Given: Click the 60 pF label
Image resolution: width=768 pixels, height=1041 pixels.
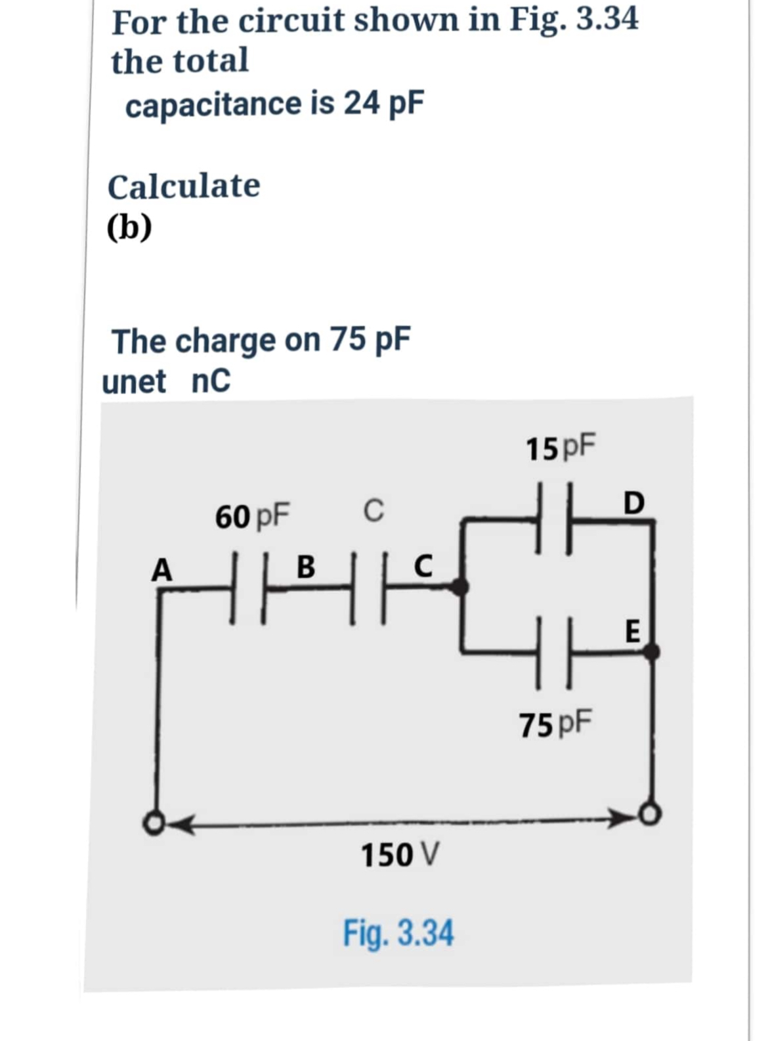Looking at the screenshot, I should pos(252,516).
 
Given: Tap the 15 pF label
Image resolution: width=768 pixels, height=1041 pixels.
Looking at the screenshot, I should pos(561,448).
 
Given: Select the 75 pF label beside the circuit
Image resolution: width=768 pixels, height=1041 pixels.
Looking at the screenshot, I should pos(555,724).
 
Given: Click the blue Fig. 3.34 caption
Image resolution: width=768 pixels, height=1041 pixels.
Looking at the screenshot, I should pos(398,933).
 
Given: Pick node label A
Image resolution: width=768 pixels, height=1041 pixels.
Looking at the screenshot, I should pos(161,569).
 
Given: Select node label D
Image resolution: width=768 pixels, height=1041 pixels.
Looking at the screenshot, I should pos(633,503).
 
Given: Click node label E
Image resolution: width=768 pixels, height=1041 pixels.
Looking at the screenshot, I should pos(632,631).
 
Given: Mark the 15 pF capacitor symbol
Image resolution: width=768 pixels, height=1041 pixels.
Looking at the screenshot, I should pos(554,518).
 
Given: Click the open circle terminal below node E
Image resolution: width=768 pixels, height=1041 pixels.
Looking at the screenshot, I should pos(650,814).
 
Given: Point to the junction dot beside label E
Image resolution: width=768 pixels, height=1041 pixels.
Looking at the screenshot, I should pos(651,651).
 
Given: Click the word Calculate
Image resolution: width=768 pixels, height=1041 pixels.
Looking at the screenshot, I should pos(184,186).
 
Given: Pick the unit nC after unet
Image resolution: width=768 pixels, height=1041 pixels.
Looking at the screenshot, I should pos(211,381).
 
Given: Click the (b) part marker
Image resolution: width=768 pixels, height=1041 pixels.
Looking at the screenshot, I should pos(129,227).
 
